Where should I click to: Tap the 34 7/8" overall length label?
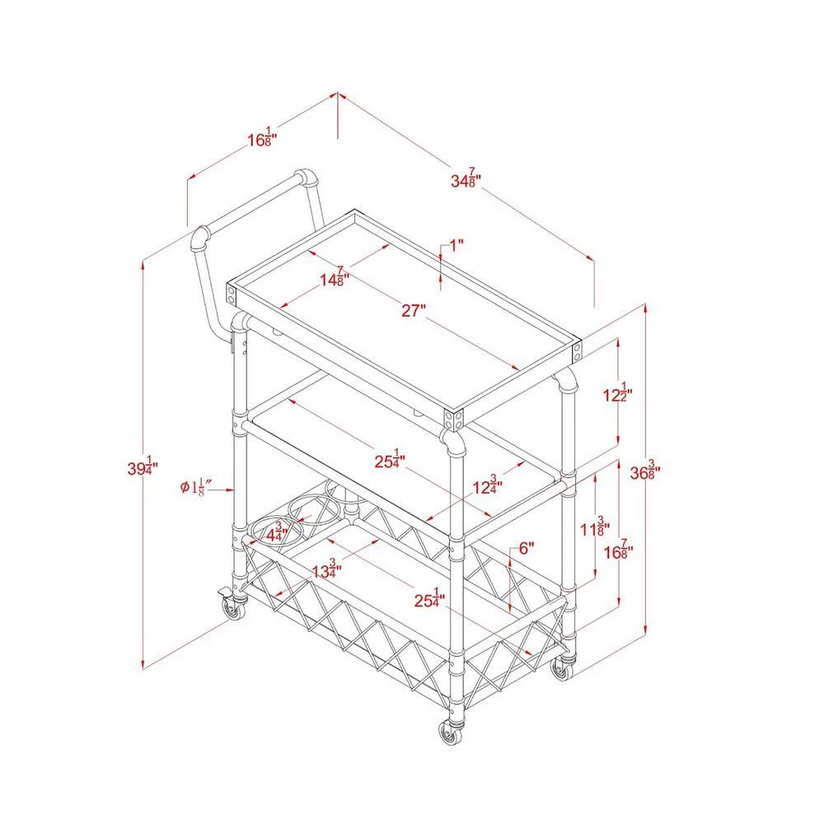point(466,178)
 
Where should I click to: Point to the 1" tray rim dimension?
point(456,245)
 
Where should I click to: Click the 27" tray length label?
point(414,311)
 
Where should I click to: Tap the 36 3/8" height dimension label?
point(645,470)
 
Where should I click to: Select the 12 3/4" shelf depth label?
point(488,485)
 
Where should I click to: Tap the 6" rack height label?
point(526,548)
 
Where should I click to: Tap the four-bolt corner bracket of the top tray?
point(454,419)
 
